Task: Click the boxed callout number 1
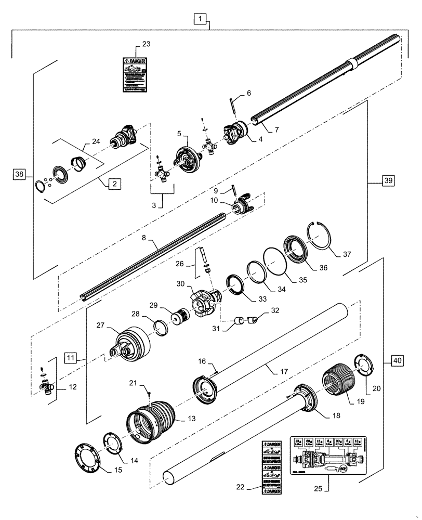[201, 20]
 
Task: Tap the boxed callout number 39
[388, 181]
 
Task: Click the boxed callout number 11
[71, 357]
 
